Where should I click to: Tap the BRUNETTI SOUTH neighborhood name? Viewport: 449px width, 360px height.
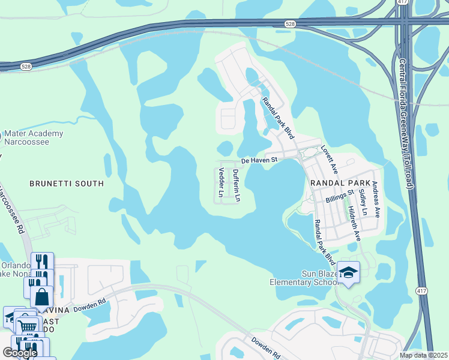coord(67,184)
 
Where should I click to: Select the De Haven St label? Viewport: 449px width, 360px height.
coord(259,161)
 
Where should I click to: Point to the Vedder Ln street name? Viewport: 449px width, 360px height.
coord(221,183)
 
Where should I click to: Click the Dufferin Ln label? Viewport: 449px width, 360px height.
coord(236,185)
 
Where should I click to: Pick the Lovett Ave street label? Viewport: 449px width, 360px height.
coord(330,156)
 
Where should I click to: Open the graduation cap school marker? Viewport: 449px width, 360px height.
coord(348,273)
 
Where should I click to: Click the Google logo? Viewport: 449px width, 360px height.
coord(20,353)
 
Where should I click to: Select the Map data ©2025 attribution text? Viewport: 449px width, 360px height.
coord(423,355)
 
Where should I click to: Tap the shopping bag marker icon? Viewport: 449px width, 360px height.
coord(42,296)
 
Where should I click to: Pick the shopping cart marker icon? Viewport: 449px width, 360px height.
coord(26,326)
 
